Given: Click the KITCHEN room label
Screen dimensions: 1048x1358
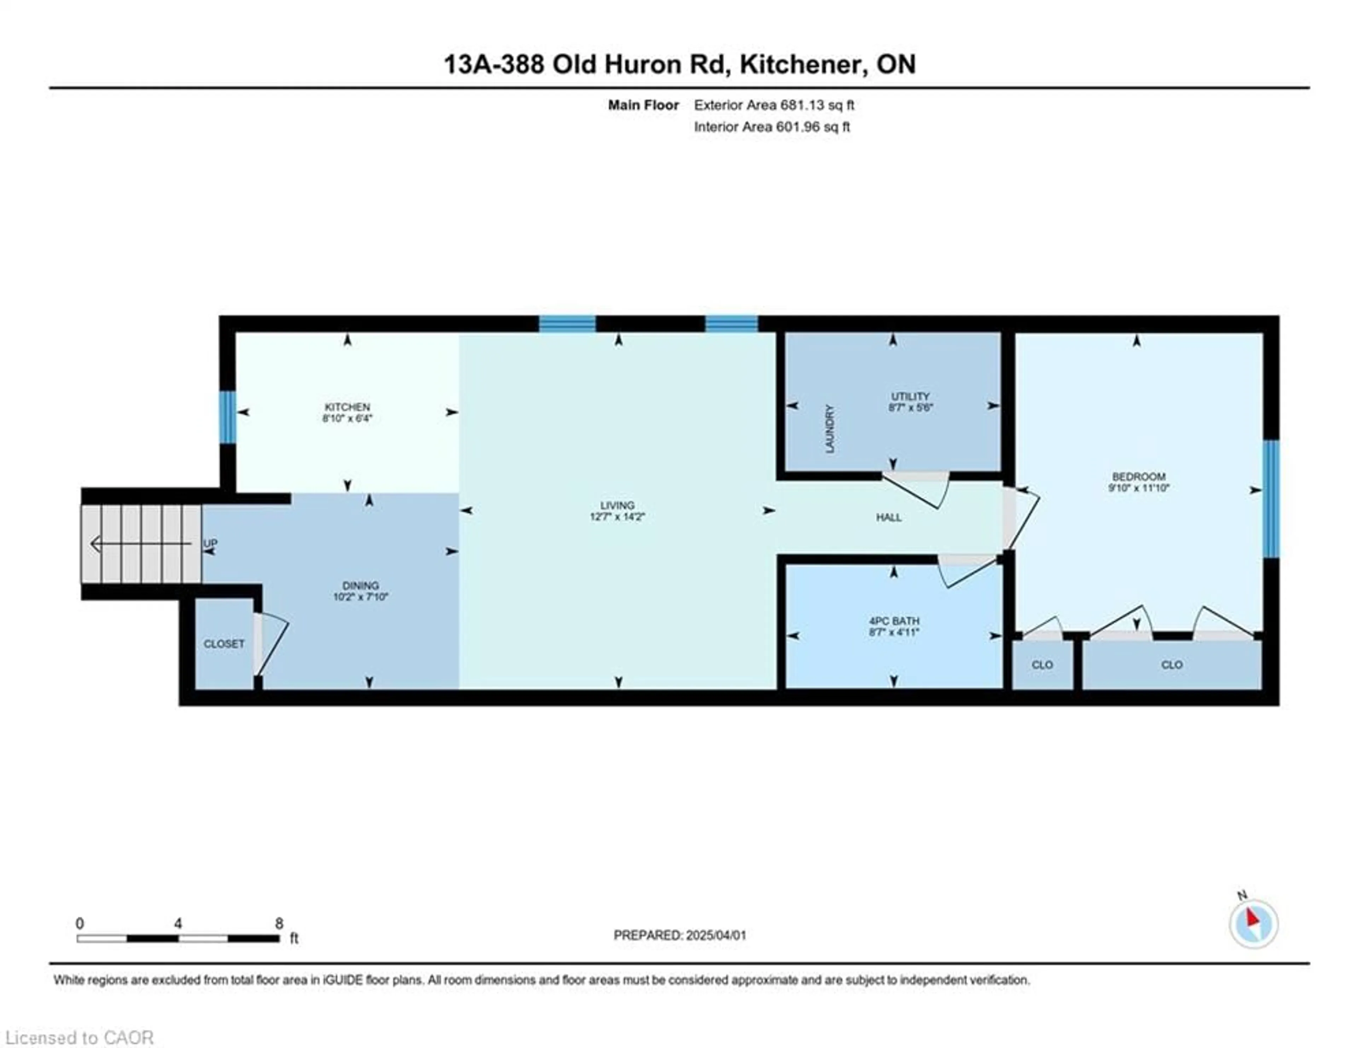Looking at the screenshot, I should click(x=347, y=407).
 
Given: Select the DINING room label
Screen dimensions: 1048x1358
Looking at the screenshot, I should click(x=361, y=586).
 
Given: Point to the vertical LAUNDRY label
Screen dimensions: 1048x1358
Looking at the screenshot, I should click(x=829, y=429).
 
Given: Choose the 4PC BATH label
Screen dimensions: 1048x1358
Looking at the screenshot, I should click(x=894, y=621).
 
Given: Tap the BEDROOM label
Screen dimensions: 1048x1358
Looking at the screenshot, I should click(x=1138, y=477).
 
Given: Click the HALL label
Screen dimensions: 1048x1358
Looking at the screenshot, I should click(x=889, y=517).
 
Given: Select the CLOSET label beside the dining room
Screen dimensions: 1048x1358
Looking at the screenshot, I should click(x=224, y=644).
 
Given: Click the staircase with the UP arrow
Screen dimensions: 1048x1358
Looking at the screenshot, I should click(x=142, y=544).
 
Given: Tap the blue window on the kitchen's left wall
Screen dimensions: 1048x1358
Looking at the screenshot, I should click(x=228, y=417).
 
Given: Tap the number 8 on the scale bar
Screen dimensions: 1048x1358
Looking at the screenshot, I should click(x=279, y=924).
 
